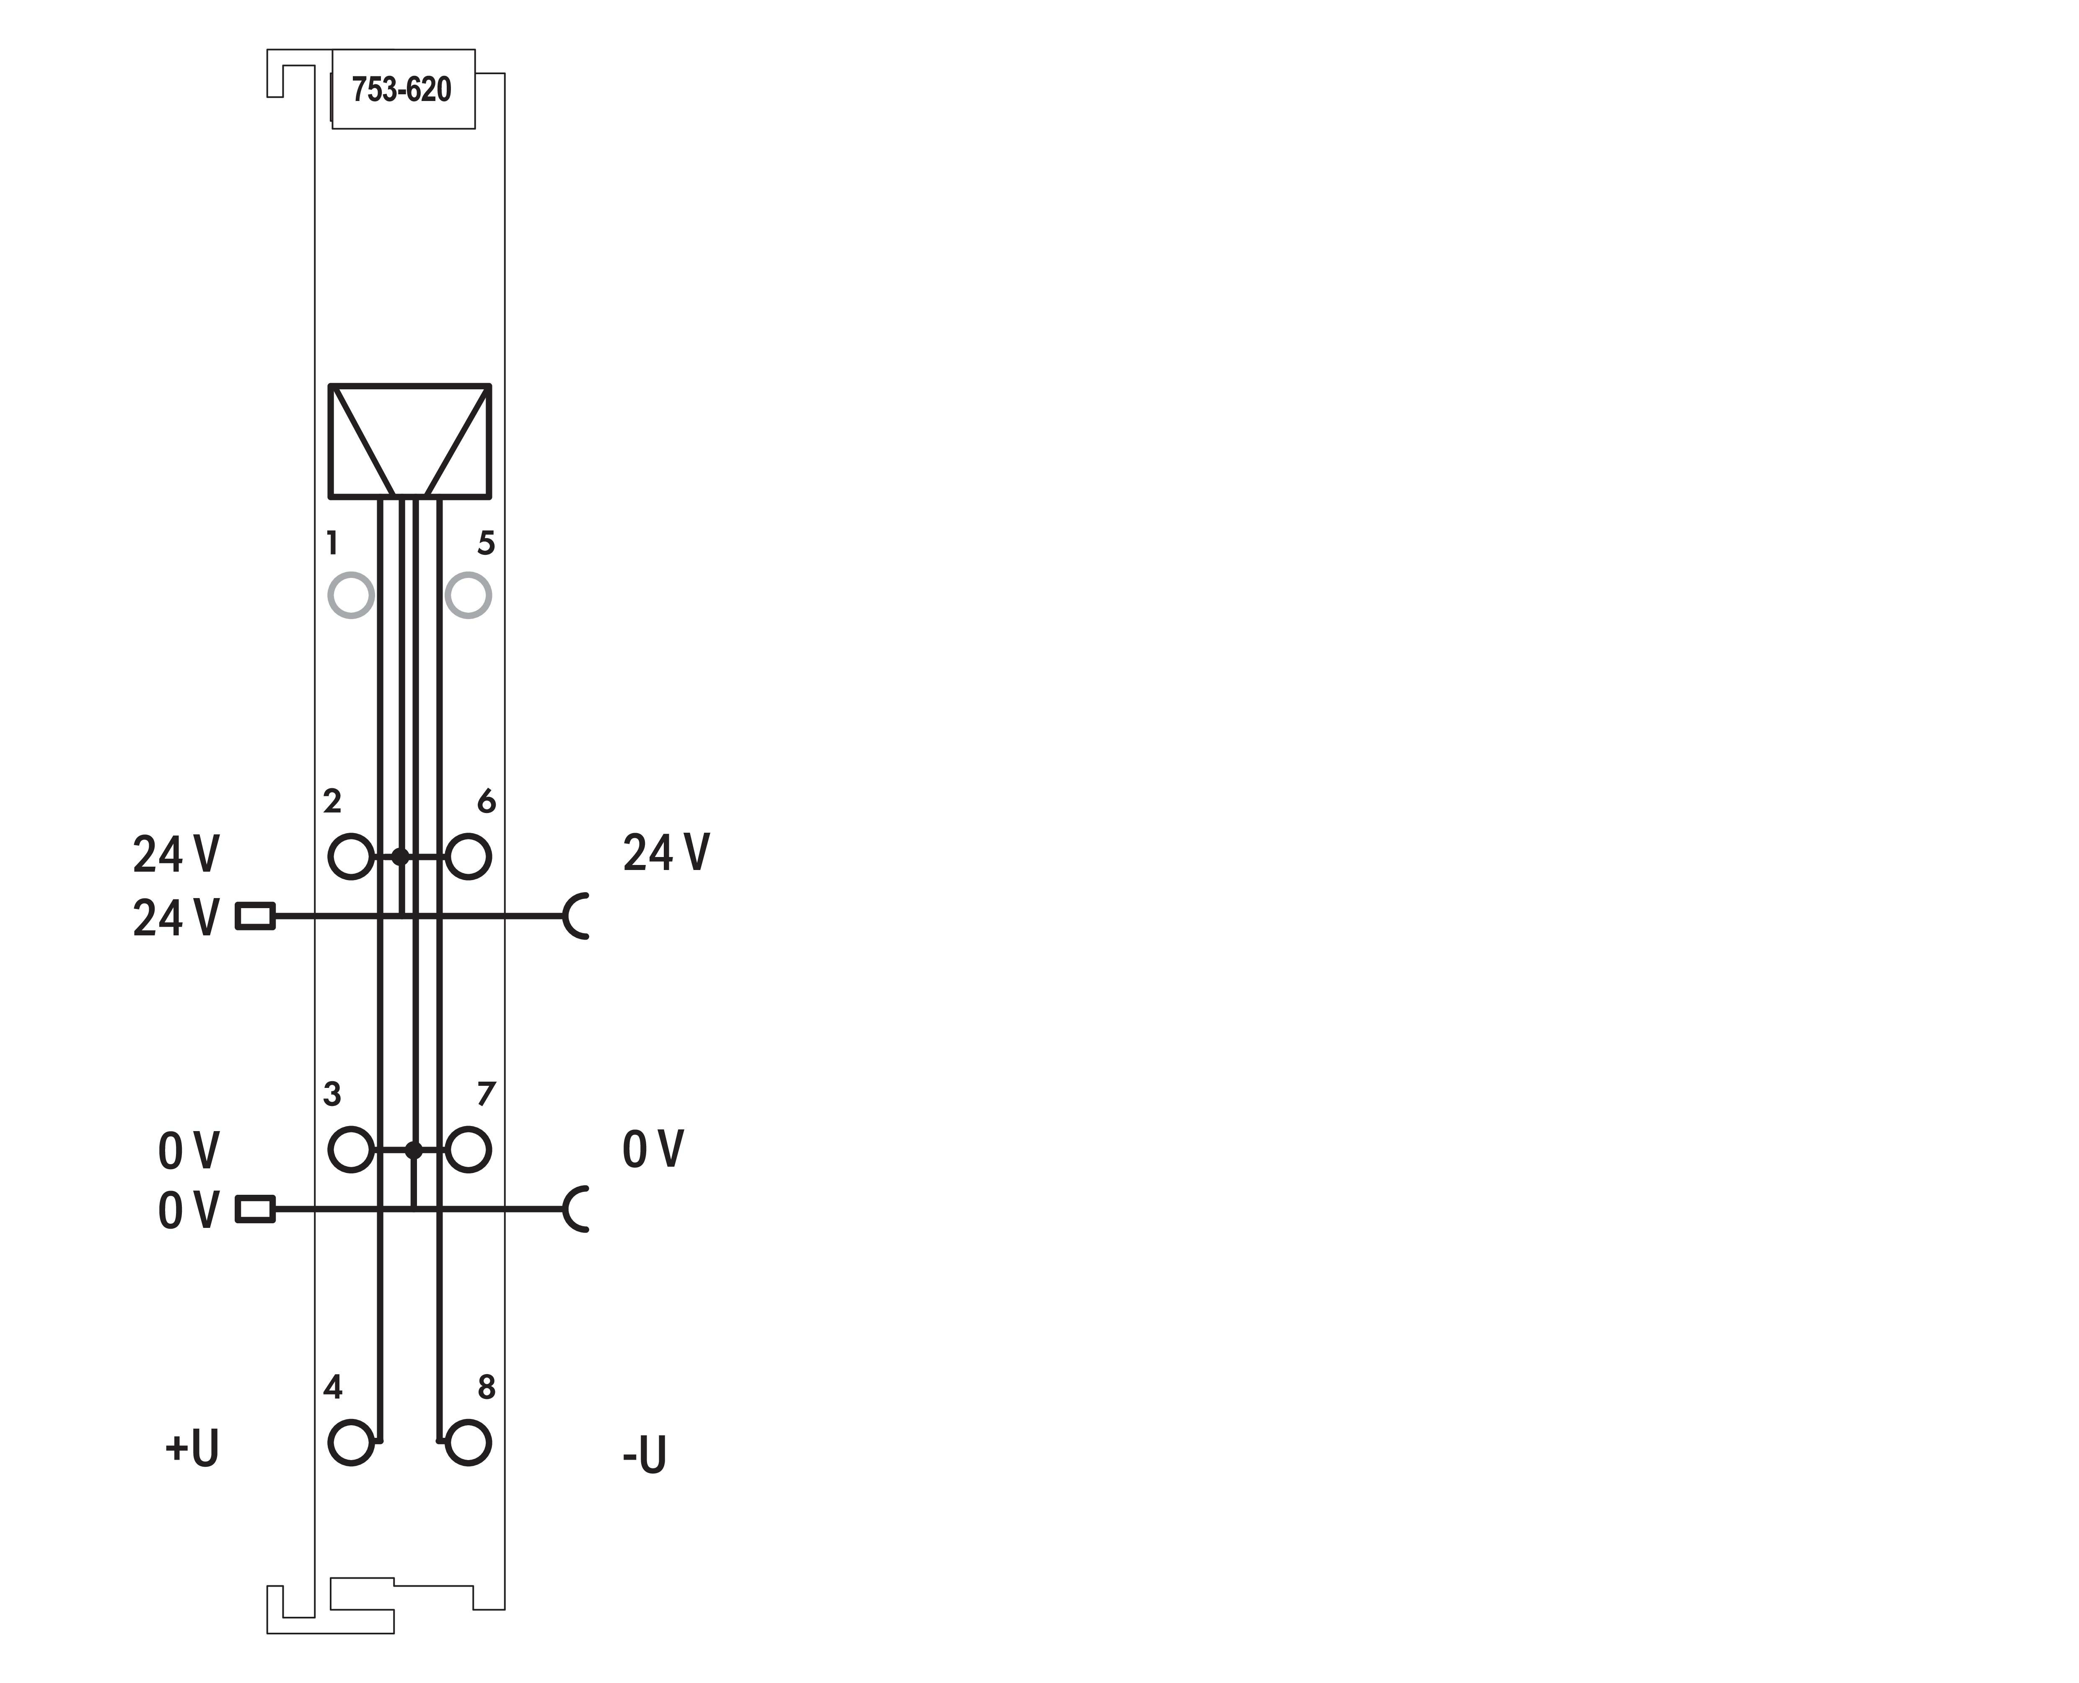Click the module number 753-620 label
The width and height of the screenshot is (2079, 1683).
[x=401, y=89]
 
